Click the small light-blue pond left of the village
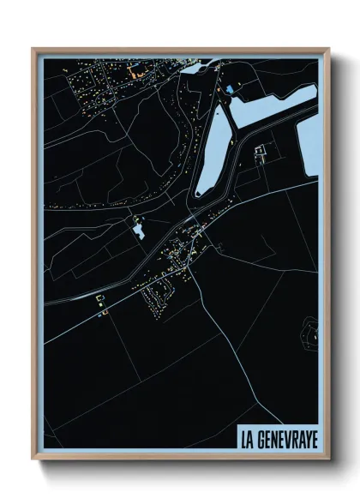pos(137,230)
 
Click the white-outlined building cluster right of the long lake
pos(260,154)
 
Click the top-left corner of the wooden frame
pos(33,49)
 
